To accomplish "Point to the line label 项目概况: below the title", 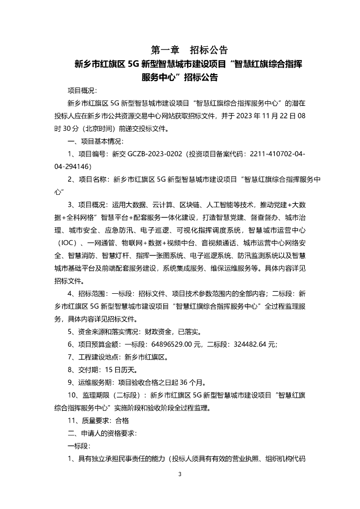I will tap(83, 90).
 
